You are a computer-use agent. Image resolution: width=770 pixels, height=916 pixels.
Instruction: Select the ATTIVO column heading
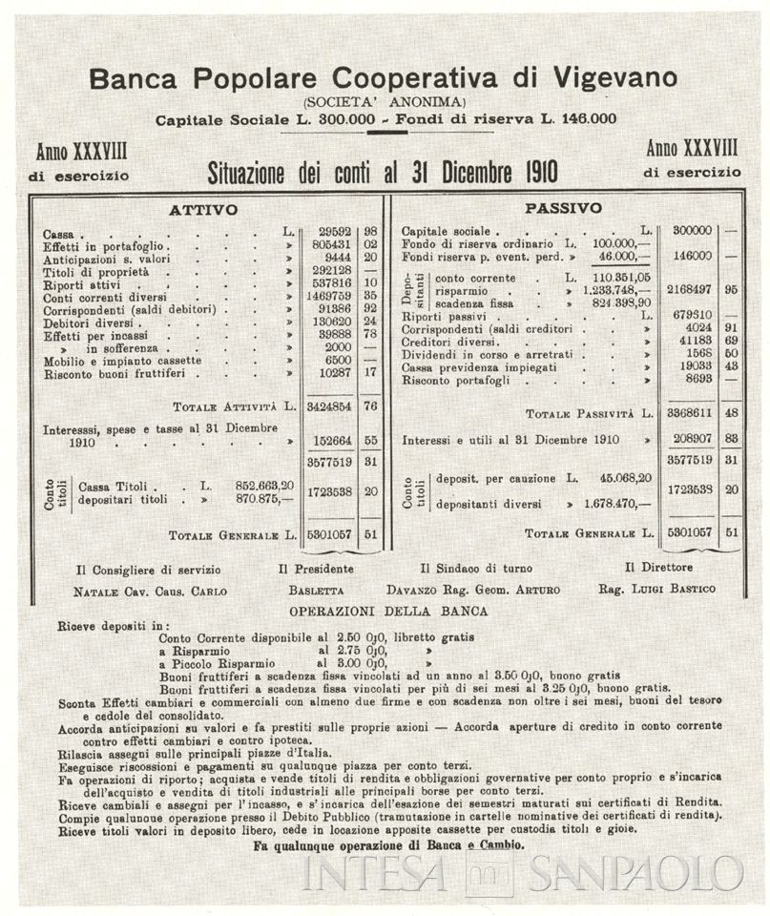point(202,209)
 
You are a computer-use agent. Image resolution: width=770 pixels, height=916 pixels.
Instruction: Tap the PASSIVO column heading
point(563,207)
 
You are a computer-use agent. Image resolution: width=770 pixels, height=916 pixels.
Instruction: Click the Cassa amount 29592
point(328,233)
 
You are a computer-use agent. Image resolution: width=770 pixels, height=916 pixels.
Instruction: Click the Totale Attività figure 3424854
point(328,406)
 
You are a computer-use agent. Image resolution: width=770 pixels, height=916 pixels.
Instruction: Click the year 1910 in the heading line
point(535,173)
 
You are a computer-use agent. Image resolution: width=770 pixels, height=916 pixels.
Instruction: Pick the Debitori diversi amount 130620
point(328,322)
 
